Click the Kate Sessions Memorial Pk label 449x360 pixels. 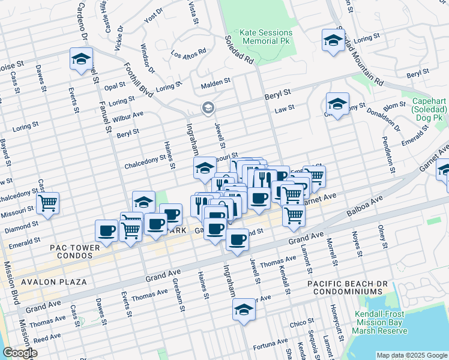click(267, 37)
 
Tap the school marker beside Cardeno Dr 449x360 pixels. click(81, 59)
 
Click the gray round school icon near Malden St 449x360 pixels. click(208, 108)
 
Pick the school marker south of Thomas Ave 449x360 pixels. click(244, 310)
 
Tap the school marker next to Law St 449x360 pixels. click(337, 104)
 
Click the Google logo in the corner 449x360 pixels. click(20, 353)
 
